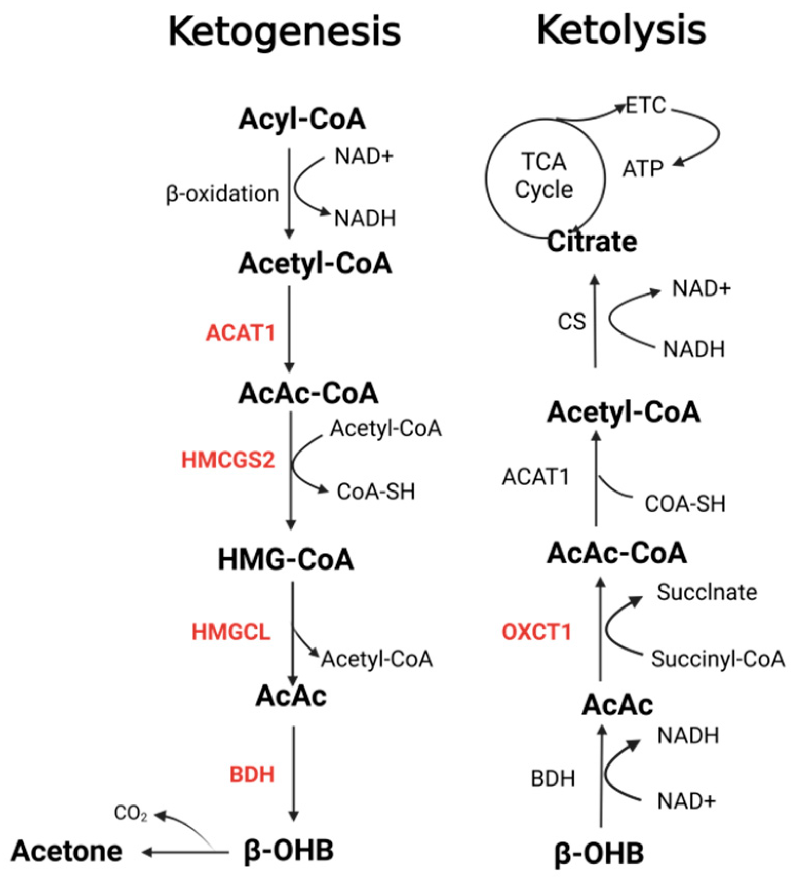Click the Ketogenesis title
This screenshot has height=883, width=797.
284,32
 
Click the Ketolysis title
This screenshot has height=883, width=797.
620,31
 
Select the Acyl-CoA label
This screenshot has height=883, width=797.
302,119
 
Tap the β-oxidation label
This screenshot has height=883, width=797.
222,194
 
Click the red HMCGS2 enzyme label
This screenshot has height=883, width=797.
228,460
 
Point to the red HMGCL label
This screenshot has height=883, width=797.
230,632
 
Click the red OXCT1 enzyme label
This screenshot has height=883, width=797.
536,632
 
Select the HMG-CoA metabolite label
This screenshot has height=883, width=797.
285,559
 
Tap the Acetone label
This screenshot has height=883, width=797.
67,851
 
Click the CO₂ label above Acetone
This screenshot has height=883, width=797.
130,813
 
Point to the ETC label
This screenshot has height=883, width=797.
646,106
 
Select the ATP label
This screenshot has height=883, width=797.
643,169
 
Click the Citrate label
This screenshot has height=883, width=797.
592,242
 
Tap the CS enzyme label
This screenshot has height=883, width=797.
571,322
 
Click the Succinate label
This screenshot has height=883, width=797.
706,593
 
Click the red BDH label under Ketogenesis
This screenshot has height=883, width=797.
251,774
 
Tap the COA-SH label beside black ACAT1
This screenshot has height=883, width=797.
685,504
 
